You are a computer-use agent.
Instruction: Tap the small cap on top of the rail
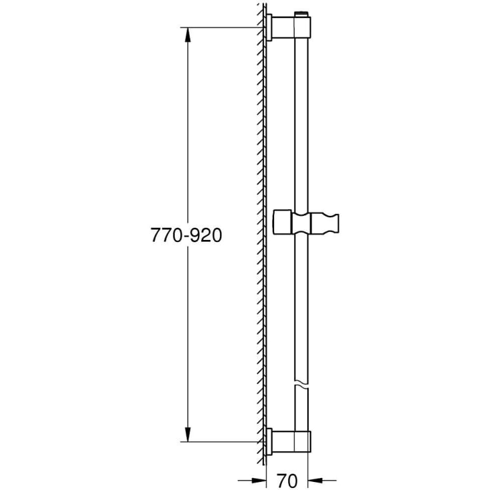(x=304, y=13)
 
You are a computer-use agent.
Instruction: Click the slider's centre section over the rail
(x=303, y=223)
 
